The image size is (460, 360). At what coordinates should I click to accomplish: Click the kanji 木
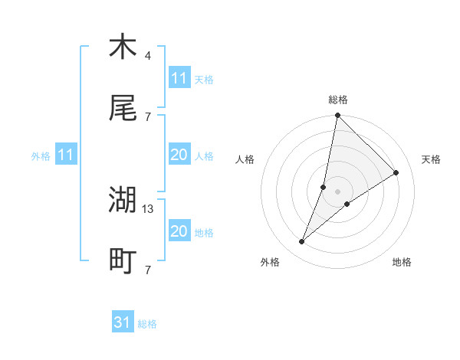point(123,47)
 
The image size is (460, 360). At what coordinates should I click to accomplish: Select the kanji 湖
point(123,201)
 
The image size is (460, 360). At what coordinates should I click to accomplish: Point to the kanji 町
point(123,262)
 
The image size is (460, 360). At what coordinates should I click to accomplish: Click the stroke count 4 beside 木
point(148,56)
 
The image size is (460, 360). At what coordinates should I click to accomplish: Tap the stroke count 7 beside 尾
point(148,116)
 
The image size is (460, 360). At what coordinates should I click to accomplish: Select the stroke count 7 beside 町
point(148,270)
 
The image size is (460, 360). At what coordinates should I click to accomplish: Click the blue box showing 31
point(123,323)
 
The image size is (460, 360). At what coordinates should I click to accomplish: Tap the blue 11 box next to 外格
point(66,155)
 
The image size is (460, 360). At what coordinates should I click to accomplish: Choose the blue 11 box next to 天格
point(179,78)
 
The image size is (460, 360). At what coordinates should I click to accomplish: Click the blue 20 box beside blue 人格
point(179,155)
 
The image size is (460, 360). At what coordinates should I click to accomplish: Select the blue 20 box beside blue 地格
point(179,231)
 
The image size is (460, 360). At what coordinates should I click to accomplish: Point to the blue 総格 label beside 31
point(147,324)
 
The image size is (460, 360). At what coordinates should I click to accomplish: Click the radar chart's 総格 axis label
point(338,100)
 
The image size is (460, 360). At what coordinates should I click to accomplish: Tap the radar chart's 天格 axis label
point(432,159)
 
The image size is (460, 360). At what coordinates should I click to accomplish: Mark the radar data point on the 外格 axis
point(302,242)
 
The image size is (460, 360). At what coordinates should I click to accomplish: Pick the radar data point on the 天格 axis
point(396,173)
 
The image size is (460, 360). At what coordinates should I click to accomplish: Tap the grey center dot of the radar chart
point(338,191)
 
